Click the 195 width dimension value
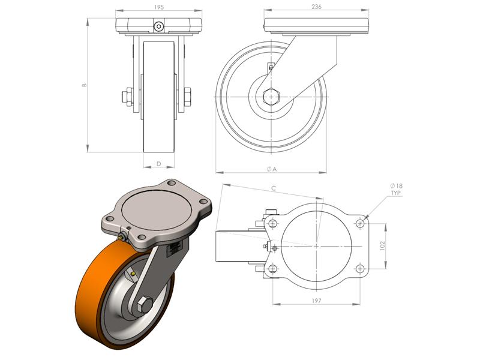pos(158,7)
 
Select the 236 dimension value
pos(316,7)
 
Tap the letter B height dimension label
pos(85,85)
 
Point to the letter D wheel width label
pos(158,164)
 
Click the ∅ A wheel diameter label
pos(272,169)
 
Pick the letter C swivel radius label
pos(274,188)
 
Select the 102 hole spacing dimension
pos(382,245)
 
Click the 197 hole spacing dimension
pos(316,301)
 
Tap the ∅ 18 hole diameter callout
pos(397,186)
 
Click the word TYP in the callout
pos(396,193)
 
